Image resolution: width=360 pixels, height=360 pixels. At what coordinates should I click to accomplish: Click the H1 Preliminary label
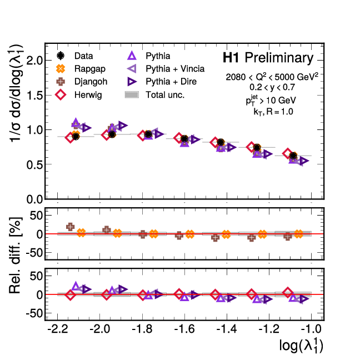click(x=268, y=58)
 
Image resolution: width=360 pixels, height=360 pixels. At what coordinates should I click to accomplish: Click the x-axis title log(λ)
click(x=301, y=346)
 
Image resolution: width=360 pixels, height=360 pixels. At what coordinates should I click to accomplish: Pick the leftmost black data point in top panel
click(x=76, y=136)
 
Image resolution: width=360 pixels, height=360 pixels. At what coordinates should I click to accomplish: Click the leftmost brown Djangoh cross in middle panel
click(x=71, y=227)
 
